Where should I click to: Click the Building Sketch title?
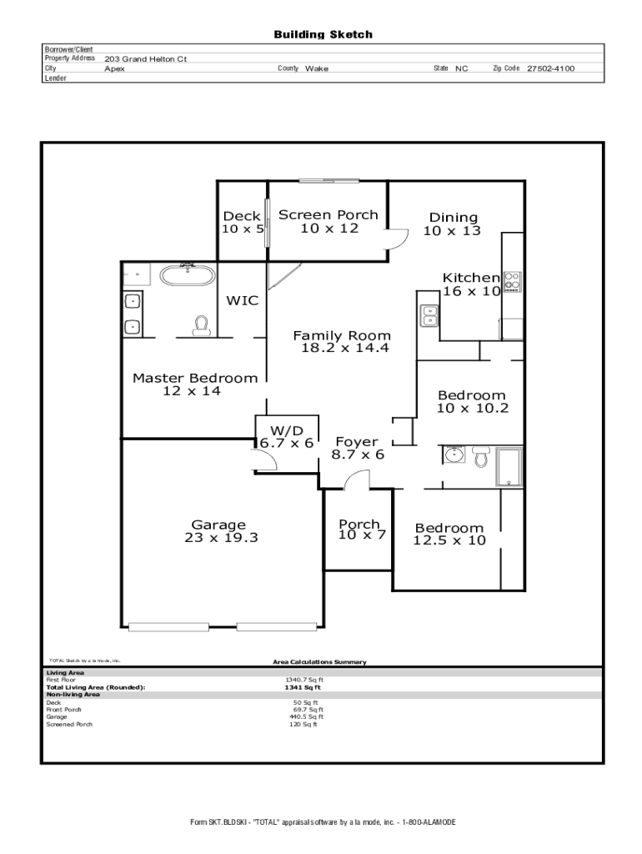pyautogui.click(x=323, y=35)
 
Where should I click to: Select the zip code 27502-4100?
pyautogui.click(x=550, y=68)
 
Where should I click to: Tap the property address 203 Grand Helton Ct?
pyautogui.click(x=145, y=59)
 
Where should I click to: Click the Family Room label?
pyautogui.click(x=342, y=335)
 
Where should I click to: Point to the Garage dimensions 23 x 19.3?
pyautogui.click(x=221, y=538)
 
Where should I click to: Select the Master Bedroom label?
pyautogui.click(x=195, y=378)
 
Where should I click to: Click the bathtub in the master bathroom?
pyautogui.click(x=187, y=275)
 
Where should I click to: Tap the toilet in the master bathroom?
pyautogui.click(x=202, y=325)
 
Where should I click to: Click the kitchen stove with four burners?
pyautogui.click(x=513, y=282)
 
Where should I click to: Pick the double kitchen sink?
pyautogui.click(x=429, y=315)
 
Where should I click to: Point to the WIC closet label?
pyautogui.click(x=243, y=300)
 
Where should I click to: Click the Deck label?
pyautogui.click(x=242, y=216)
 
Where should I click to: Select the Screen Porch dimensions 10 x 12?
pyautogui.click(x=329, y=229)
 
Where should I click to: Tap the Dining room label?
pyautogui.click(x=453, y=218)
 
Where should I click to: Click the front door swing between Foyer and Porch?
pyautogui.click(x=357, y=480)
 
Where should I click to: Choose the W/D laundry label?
pyautogui.click(x=287, y=431)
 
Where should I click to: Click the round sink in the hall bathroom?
pyautogui.click(x=454, y=455)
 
